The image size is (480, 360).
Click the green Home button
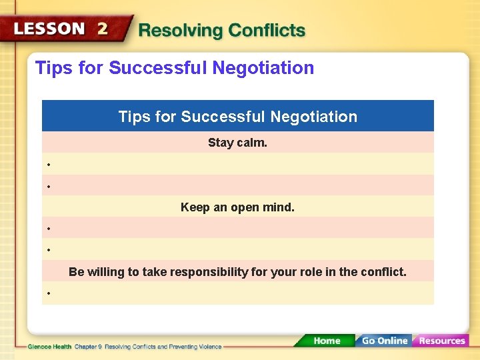(x=327, y=341)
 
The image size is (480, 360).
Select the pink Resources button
(x=442, y=341)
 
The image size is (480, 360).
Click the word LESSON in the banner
(x=49, y=29)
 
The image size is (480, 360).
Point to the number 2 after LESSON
(x=102, y=29)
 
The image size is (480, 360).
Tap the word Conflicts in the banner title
(x=267, y=31)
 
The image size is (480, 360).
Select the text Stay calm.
(x=237, y=143)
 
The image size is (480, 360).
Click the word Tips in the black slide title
(x=51, y=68)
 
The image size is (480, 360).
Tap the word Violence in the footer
(x=208, y=347)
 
